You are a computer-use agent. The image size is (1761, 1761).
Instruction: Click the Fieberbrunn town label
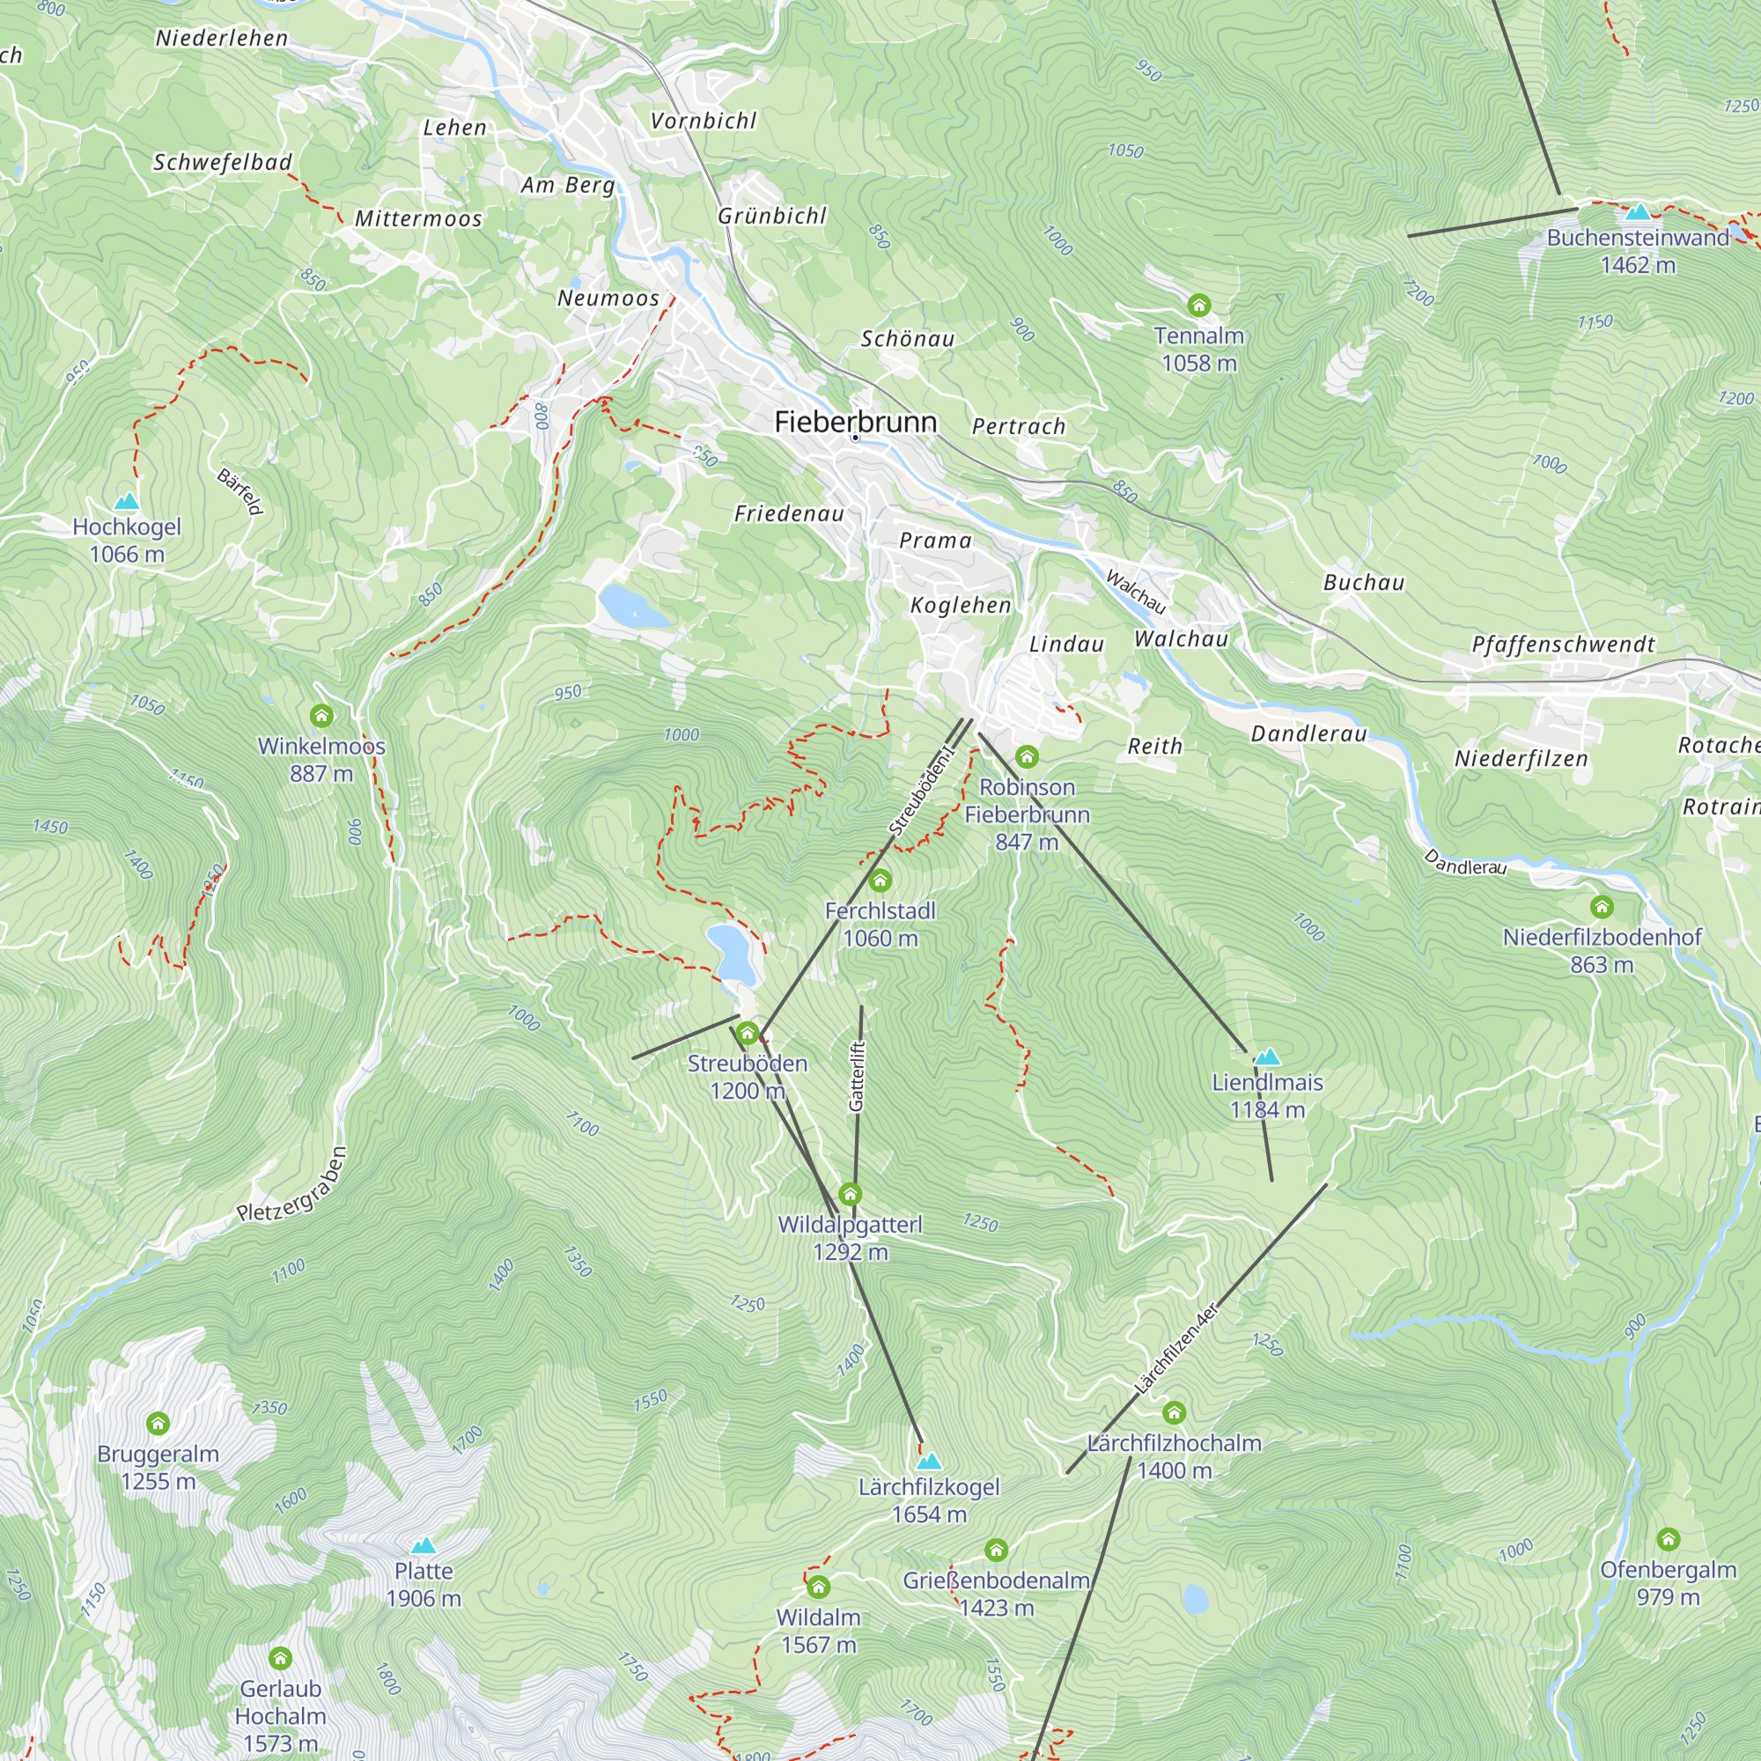tap(855, 421)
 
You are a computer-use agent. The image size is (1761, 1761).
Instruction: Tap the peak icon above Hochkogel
tap(127, 501)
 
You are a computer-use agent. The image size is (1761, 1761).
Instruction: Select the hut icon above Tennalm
tap(1198, 305)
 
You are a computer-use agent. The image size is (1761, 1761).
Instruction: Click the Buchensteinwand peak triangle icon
tap(1638, 212)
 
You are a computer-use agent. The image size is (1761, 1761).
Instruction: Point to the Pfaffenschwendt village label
tap(1562, 645)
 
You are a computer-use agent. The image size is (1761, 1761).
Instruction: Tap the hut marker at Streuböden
tap(748, 1033)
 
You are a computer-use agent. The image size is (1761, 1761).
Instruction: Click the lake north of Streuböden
tap(731, 954)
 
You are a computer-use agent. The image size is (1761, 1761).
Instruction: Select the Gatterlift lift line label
tap(856, 1077)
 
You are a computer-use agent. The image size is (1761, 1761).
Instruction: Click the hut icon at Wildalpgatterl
tap(850, 1194)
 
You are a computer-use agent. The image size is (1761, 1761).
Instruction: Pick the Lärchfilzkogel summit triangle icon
tap(928, 1462)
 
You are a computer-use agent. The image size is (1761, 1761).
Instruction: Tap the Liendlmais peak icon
tap(1267, 1057)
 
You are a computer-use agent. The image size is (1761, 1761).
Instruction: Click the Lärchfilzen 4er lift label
tap(1175, 1350)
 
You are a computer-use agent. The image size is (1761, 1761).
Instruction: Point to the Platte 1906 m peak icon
tap(423, 1546)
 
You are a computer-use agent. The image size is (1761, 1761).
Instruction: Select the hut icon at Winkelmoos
tap(321, 716)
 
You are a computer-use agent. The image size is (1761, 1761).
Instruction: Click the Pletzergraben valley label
tap(291, 1185)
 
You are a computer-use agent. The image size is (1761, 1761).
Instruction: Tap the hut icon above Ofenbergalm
tap(1668, 1539)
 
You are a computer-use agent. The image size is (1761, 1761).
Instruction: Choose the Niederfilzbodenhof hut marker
tap(1602, 907)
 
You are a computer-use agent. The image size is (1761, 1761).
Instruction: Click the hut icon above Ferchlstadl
tap(880, 880)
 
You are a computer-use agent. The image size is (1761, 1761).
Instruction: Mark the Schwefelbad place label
tap(223, 162)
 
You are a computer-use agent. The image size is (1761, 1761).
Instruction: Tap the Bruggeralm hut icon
tap(158, 1424)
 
